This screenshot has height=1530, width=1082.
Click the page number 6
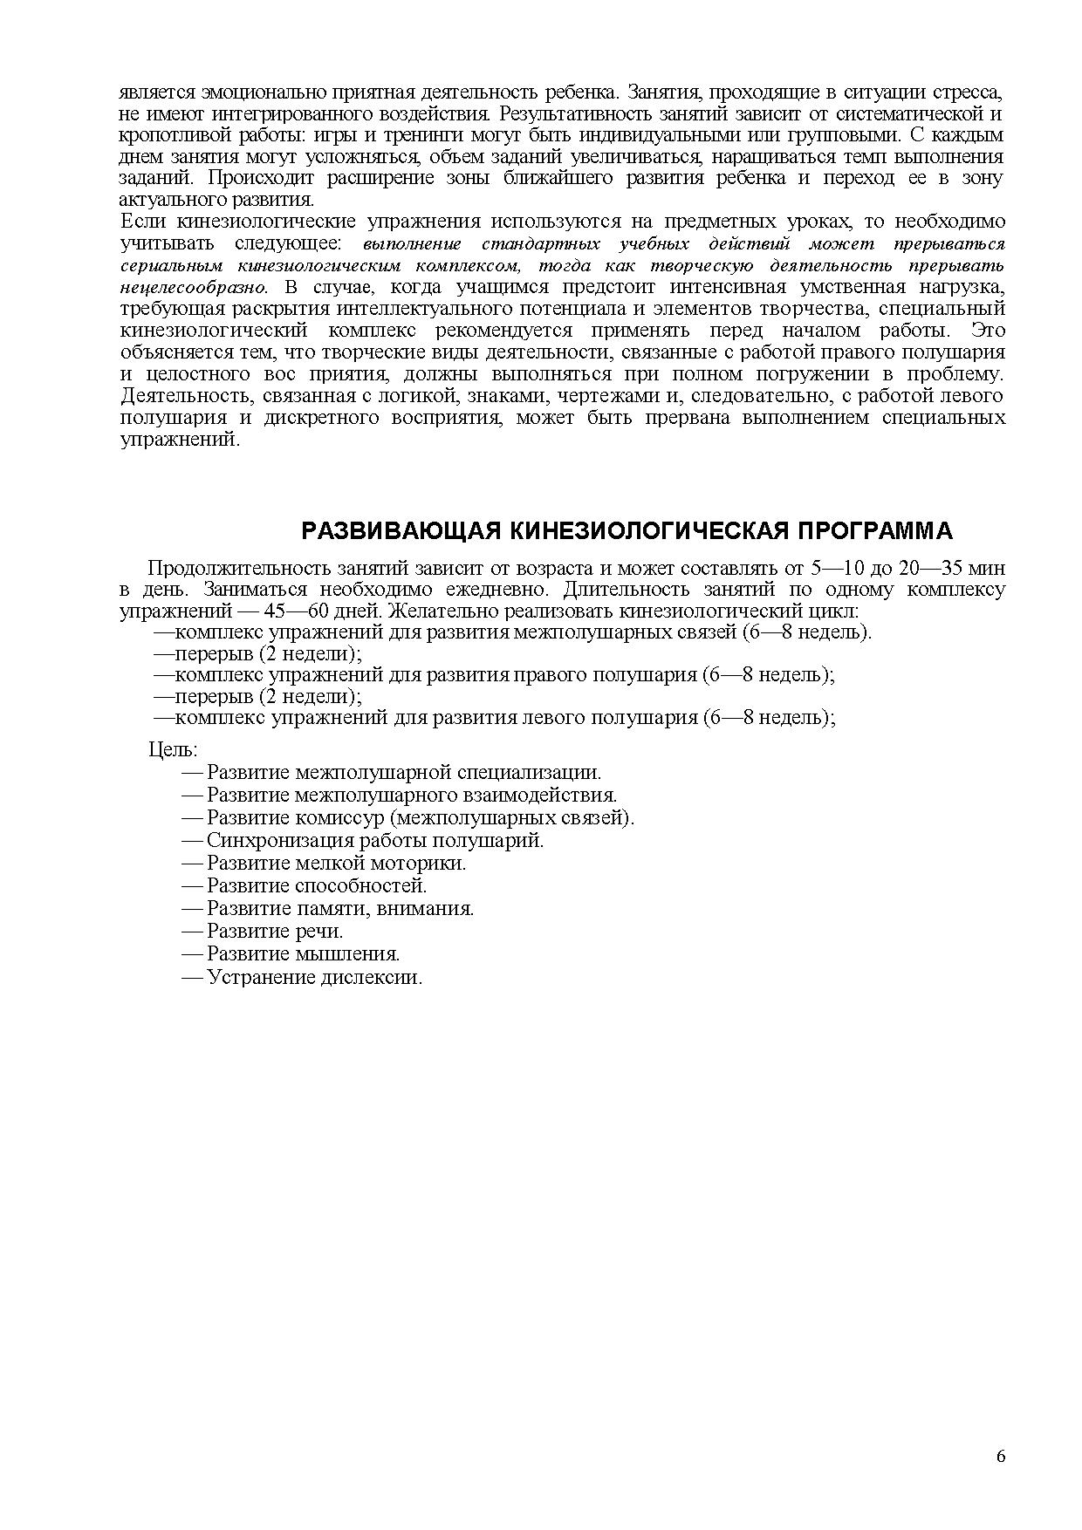[1000, 1456]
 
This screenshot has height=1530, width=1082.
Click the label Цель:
[173, 749]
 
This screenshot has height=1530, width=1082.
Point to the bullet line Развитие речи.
[275, 931]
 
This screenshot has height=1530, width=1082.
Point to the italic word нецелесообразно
[193, 287]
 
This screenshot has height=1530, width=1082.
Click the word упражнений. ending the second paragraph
[178, 439]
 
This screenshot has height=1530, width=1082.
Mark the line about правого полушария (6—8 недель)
[495, 674]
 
